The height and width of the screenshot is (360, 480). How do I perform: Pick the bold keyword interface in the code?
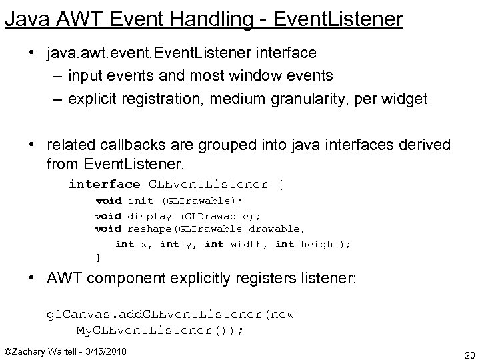click(104, 184)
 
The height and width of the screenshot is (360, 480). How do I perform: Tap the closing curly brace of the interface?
click(99, 257)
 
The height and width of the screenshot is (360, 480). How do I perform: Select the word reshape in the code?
click(149, 229)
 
